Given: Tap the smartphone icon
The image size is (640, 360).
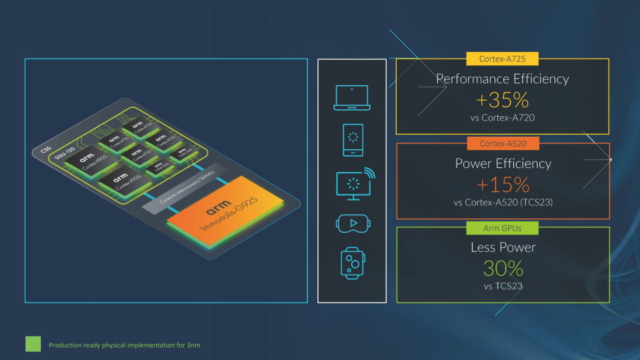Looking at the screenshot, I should point(352,140).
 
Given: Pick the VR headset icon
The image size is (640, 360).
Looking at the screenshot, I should point(352,223).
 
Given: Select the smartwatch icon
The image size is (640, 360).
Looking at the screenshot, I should point(352,263).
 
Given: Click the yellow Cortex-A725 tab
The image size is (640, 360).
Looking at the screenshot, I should point(503,59).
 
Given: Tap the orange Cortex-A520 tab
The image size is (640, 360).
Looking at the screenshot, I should point(503,144).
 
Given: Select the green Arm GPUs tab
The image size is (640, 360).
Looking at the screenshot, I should point(503,229).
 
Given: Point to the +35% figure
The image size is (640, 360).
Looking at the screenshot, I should point(502,100).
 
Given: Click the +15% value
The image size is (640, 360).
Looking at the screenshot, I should point(503,185).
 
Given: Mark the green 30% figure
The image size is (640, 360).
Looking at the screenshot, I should point(503,269).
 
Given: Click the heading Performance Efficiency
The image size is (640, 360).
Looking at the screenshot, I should point(502,79).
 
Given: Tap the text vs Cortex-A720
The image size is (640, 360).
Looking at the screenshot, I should point(503,118).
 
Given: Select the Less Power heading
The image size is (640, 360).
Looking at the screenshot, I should point(503,247).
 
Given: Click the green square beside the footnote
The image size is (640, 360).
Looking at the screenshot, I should point(33,344).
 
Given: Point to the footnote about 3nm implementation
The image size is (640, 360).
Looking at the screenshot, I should point(125,345).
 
